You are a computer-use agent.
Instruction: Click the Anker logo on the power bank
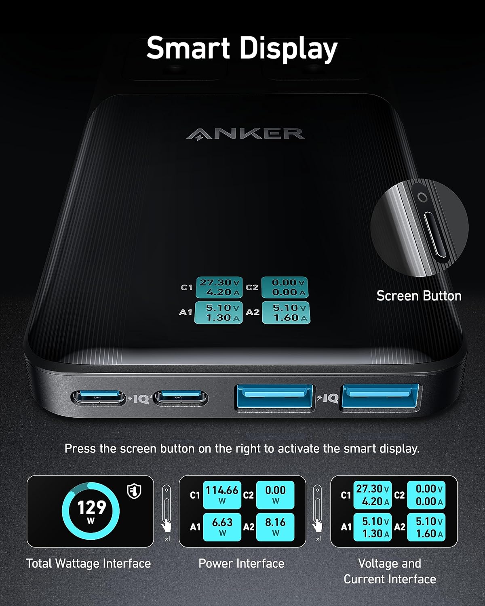click(x=245, y=134)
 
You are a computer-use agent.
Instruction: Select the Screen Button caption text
click(x=419, y=296)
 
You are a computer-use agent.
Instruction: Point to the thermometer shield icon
click(x=134, y=491)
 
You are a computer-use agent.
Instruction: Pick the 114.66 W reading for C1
click(x=222, y=494)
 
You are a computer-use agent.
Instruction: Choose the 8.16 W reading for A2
click(x=275, y=527)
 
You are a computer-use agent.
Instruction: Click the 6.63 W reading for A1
click(x=222, y=527)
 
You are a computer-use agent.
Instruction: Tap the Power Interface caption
click(x=241, y=563)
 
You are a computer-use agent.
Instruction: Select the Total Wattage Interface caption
click(x=89, y=563)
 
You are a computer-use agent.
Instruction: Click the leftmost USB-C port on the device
click(x=98, y=398)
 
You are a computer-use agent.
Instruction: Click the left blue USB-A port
click(x=274, y=397)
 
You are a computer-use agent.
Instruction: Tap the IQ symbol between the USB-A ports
click(x=328, y=398)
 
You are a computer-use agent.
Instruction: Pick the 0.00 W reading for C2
click(x=275, y=494)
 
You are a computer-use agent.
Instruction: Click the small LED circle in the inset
click(x=422, y=198)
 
